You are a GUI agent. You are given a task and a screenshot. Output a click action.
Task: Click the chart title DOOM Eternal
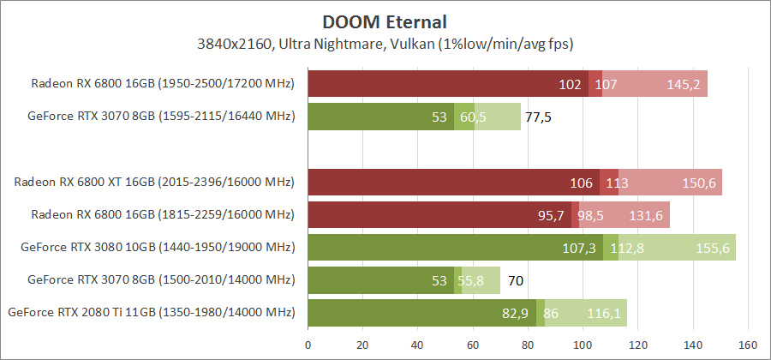coord(385,20)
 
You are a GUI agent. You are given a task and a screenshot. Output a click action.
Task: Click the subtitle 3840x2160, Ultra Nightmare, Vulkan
coord(385,43)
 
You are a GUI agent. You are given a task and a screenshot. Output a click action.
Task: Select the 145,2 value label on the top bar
coord(684,85)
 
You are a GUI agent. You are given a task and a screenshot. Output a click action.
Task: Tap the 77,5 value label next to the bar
coord(538,117)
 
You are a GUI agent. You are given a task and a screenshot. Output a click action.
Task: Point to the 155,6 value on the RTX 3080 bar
coord(713,249)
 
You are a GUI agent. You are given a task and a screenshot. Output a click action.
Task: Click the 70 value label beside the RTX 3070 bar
coord(516,280)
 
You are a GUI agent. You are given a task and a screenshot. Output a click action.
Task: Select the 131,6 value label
coord(647,216)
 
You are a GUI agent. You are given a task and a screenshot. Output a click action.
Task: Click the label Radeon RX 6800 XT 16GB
coord(154,183)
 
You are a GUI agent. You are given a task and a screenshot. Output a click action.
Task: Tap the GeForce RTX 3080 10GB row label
coord(158,248)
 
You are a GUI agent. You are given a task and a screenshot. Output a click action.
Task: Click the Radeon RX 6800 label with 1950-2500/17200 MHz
coord(163,84)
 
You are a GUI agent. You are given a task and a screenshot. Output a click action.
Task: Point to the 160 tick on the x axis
coord(748,345)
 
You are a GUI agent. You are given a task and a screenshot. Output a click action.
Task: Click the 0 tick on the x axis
coord(308,345)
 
